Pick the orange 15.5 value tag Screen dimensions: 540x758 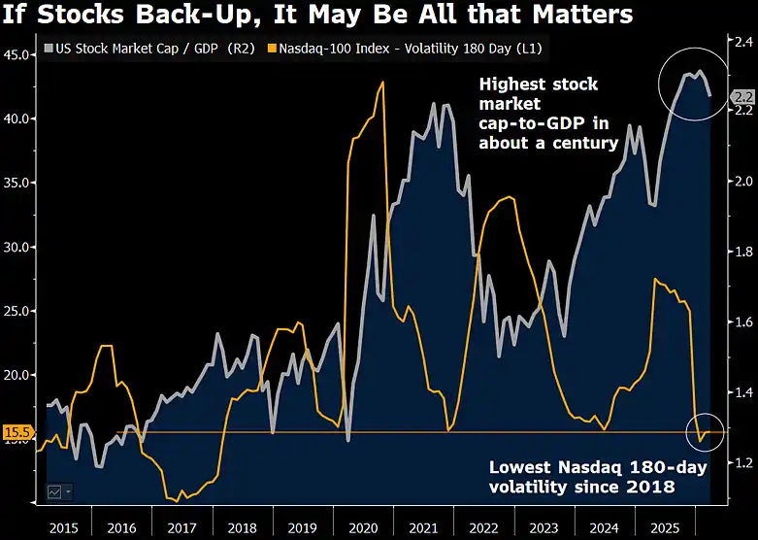pyautogui.click(x=18, y=432)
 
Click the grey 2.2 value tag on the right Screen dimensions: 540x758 pyautogui.click(x=743, y=96)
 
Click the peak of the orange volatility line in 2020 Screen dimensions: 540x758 pyautogui.click(x=382, y=83)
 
